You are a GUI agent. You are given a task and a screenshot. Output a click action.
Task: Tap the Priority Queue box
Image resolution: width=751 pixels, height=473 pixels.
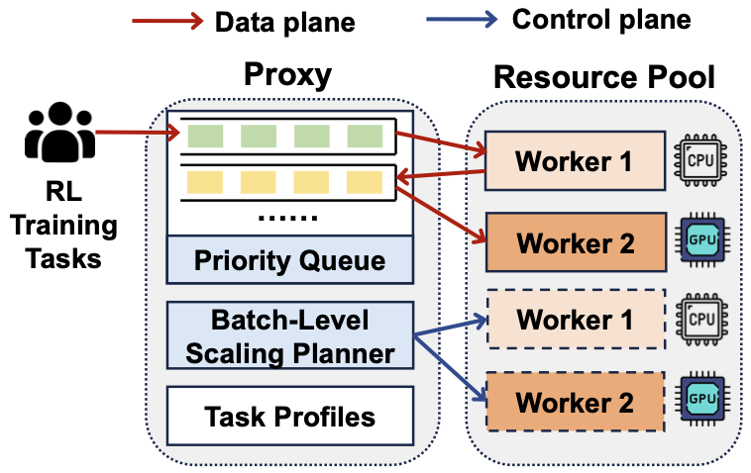pos(289,260)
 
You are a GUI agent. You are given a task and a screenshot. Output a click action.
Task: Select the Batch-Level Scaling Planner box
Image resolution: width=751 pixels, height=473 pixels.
pos(289,336)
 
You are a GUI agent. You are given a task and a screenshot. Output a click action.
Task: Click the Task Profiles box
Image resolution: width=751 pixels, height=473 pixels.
pos(289,416)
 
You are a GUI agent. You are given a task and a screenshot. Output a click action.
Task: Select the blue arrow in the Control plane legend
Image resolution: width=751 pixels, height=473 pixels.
pos(461,21)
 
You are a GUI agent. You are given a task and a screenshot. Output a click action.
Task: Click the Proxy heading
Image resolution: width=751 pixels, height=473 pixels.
pos(287,75)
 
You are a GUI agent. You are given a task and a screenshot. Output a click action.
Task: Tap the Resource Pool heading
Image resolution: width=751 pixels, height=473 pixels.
pos(603,77)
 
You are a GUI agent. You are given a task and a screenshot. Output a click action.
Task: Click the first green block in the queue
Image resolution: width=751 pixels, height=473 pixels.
pos(201,134)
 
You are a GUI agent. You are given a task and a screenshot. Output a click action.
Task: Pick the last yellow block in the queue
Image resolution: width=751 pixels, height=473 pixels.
pos(365,181)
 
